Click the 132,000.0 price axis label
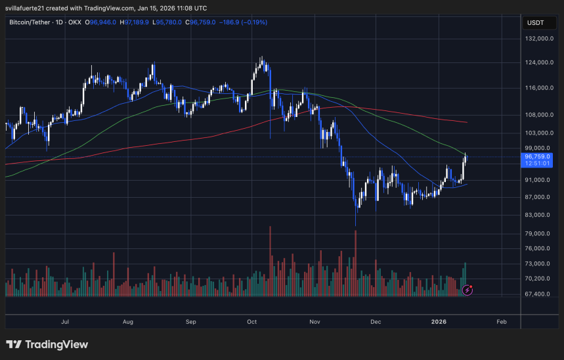pos(537,39)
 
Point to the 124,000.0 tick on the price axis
pos(537,63)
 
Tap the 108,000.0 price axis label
pos(537,114)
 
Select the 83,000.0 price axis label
pos(537,215)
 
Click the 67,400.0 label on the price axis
pos(537,294)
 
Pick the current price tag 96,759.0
pos(537,157)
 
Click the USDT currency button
pos(535,22)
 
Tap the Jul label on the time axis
pos(65,322)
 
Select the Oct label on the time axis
pos(252,322)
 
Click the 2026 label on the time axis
pos(439,322)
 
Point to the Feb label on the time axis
pos(501,322)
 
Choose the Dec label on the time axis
pos(376,322)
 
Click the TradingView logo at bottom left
pos(47,344)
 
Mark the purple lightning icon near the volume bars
pos(467,289)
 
